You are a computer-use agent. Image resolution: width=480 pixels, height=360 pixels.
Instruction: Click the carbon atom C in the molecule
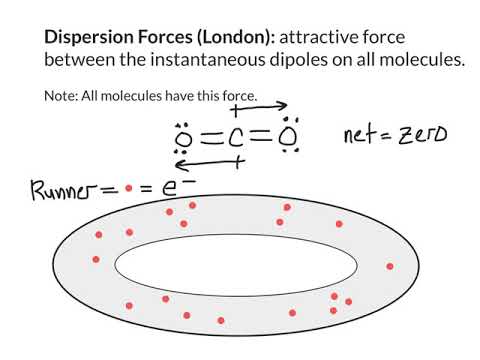pos(235,136)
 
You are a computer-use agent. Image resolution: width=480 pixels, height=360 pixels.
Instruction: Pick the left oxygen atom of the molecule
pos(183,137)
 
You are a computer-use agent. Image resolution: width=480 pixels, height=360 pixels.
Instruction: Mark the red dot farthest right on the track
pos(389,266)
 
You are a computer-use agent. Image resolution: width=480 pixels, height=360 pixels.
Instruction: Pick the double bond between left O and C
pos(208,137)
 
